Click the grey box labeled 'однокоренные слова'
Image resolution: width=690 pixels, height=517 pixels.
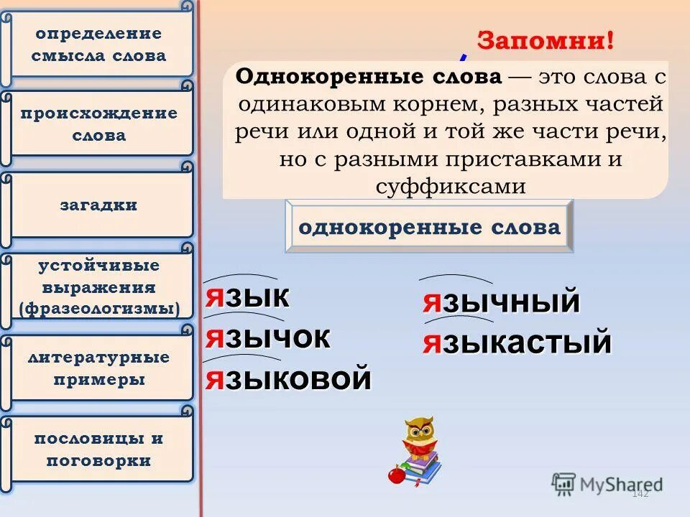pyautogui.click(x=429, y=228)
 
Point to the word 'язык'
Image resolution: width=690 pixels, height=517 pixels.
pyautogui.click(x=247, y=297)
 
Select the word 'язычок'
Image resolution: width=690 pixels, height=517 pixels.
pyautogui.click(x=267, y=337)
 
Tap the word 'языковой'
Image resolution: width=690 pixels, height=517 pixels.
pyautogui.click(x=288, y=378)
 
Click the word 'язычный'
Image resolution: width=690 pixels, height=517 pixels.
pyautogui.click(x=500, y=302)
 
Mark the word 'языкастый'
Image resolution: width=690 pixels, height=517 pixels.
pyautogui.click(x=517, y=343)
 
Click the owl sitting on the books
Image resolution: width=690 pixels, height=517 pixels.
pyautogui.click(x=418, y=437)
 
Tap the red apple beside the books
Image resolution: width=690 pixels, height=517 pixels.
pyautogui.click(x=395, y=475)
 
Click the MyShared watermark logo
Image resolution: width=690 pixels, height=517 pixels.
pyautogui.click(x=607, y=483)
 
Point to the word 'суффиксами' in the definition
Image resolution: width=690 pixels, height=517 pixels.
pyautogui.click(x=451, y=187)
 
